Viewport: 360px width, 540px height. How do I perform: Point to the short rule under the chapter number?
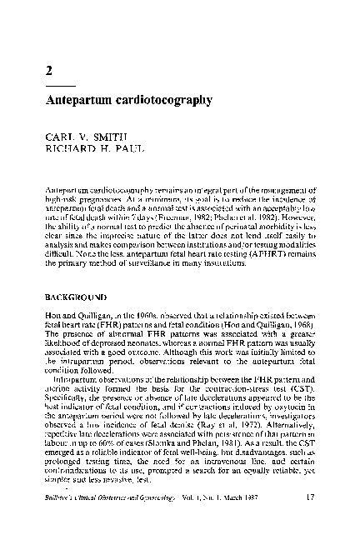(60, 86)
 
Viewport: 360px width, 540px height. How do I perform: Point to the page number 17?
(309, 522)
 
